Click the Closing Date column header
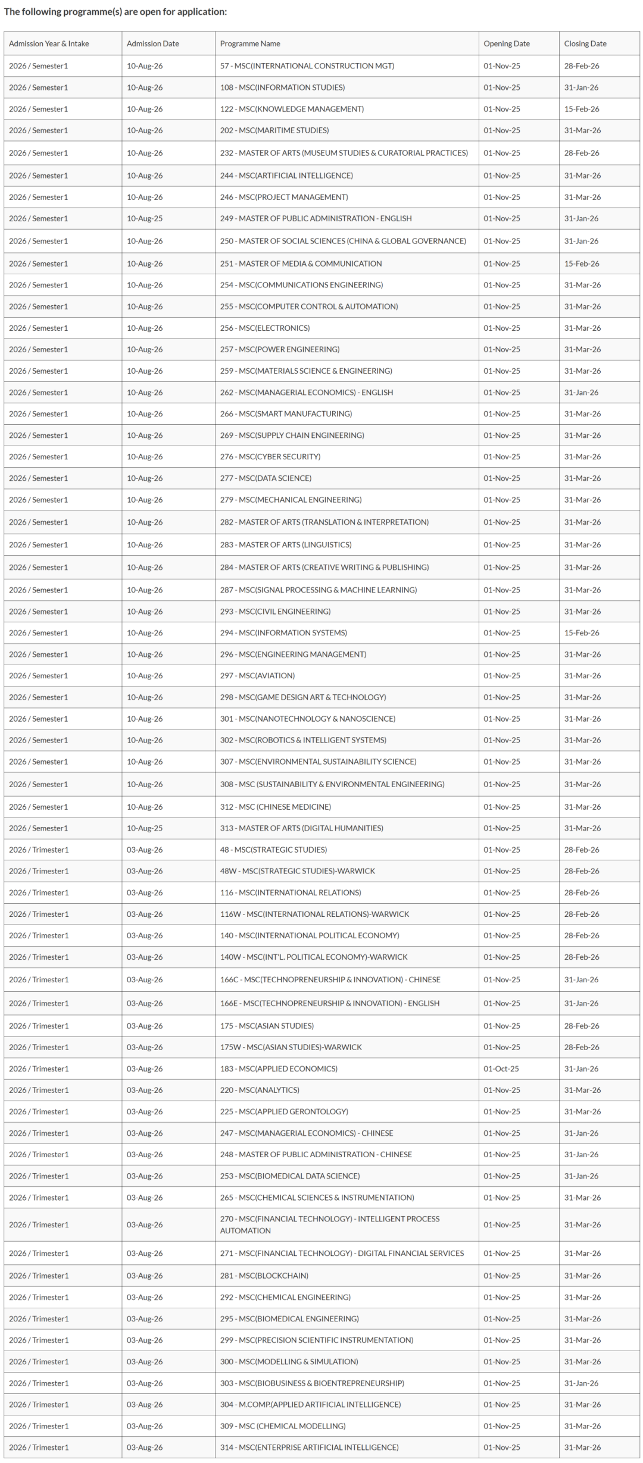(585, 43)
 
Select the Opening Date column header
(506, 43)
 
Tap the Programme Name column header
(250, 43)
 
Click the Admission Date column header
(152, 43)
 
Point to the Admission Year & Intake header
(49, 43)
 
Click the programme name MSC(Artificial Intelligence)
(286, 176)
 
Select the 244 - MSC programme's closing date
(582, 176)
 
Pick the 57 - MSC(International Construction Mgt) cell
(307, 66)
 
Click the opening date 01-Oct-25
(501, 1069)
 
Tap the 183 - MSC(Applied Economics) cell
(279, 1069)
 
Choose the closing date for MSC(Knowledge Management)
(582, 109)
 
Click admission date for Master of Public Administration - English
(145, 218)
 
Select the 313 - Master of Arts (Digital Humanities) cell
(301, 828)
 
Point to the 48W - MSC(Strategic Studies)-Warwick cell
(297, 871)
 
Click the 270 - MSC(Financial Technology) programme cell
(329, 1224)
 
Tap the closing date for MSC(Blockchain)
(582, 1276)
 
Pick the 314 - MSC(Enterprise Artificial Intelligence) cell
(309, 1448)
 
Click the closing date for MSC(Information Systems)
(582, 633)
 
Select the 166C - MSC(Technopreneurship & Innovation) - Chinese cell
(330, 979)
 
